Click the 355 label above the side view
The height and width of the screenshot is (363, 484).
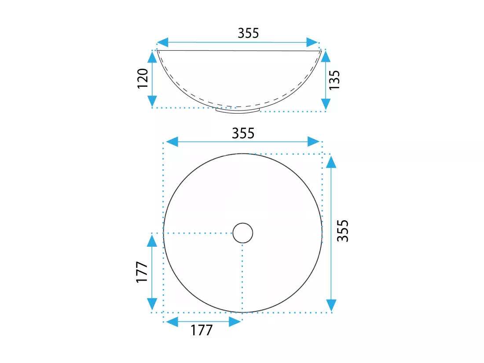[x=248, y=33]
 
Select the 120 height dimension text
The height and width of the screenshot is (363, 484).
[x=143, y=78]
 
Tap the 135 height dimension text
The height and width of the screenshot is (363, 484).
[x=334, y=80]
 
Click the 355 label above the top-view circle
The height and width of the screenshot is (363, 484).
[x=243, y=133]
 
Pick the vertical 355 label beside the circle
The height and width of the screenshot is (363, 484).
[x=343, y=231]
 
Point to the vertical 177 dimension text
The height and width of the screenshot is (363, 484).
[x=142, y=272]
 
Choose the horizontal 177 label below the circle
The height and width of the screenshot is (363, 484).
[x=202, y=330]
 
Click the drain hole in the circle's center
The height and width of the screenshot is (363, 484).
[x=242, y=233]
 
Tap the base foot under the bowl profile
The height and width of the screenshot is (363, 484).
[x=238, y=110]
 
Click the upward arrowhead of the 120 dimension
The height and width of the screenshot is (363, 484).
[x=152, y=57]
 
